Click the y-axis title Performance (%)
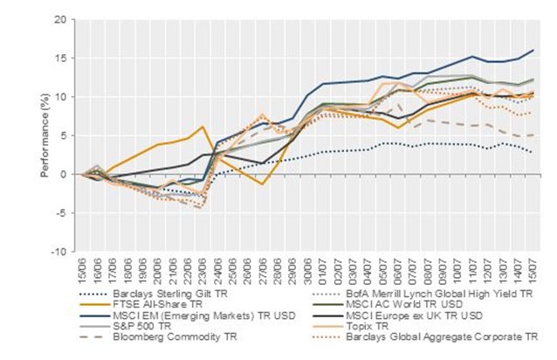point(44,135)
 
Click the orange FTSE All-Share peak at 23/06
point(203,127)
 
